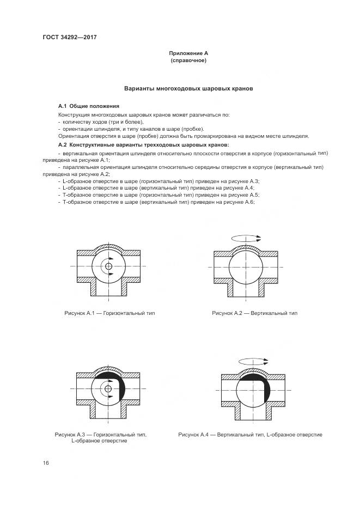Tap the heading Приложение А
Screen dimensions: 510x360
(188, 53)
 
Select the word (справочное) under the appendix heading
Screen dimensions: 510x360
(188, 60)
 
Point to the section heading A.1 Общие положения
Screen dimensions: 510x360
(89, 106)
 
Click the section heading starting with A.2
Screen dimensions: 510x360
(144, 145)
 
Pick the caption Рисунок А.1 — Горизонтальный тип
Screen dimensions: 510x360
(109, 313)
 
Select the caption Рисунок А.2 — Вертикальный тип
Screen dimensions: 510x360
(255, 313)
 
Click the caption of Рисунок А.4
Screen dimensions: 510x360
(251, 434)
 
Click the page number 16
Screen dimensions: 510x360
(46, 463)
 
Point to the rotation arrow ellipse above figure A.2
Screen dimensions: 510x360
(246, 238)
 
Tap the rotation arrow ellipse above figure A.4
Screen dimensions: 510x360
(254, 361)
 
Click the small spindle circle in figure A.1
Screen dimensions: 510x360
(109, 266)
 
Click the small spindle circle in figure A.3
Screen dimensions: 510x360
(109, 388)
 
